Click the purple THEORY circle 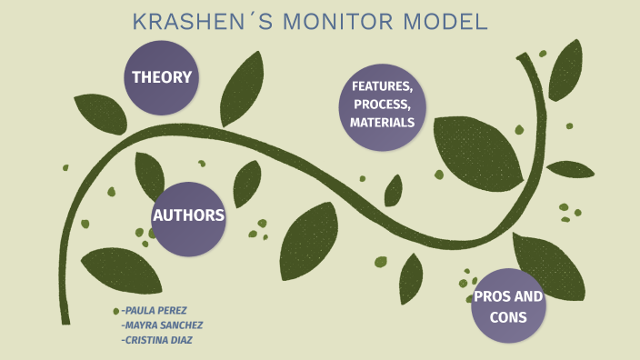(162, 77)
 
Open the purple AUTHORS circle (188, 216)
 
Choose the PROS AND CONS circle (508, 306)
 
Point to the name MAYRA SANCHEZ (161, 325)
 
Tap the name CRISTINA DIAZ (160, 339)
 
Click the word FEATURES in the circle (383, 87)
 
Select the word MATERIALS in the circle (383, 122)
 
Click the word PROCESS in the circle (383, 105)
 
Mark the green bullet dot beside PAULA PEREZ (115, 311)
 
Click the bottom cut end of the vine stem (65, 319)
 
